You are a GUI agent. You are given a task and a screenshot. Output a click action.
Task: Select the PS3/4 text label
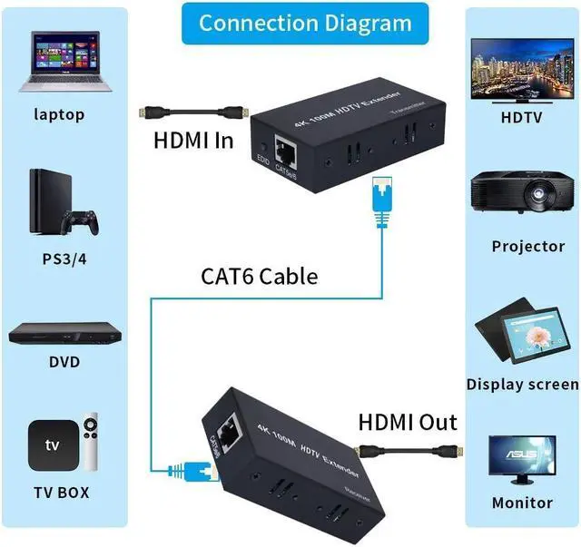click(62, 259)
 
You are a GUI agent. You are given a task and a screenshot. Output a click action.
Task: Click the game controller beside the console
click(85, 220)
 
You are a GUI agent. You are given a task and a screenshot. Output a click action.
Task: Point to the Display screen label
click(522, 385)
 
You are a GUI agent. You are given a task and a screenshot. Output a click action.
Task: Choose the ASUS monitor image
click(522, 459)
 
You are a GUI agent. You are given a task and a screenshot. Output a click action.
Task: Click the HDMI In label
click(193, 141)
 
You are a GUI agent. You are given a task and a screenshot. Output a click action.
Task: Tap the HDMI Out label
click(408, 422)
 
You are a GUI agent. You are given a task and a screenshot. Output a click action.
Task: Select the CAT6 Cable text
click(259, 275)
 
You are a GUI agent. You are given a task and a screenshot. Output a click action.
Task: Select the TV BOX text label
click(61, 493)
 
